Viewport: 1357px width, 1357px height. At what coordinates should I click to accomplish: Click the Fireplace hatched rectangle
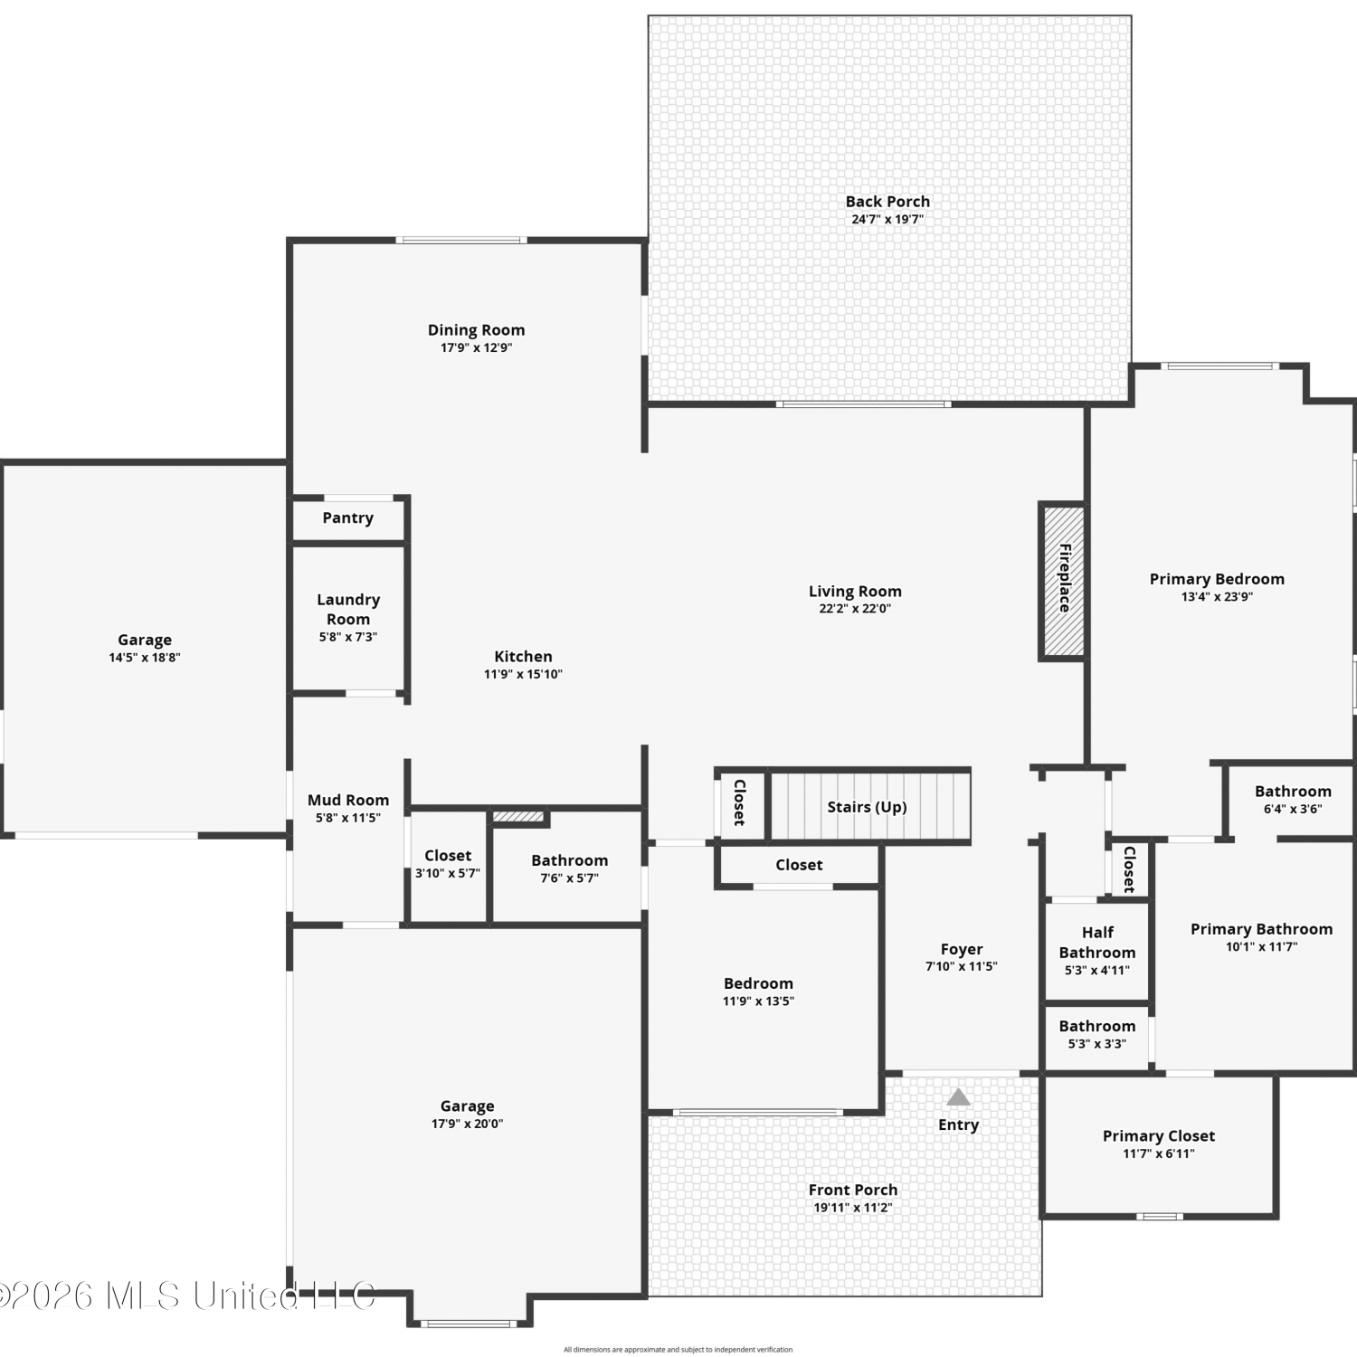[1063, 580]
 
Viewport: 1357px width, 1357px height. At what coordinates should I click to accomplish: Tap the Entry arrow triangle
[958, 1097]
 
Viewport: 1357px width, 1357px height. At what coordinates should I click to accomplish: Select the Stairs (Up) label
[867, 807]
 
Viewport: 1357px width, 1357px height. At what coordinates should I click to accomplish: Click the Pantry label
[347, 517]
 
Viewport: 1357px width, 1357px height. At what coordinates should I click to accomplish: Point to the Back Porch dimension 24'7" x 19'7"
[887, 219]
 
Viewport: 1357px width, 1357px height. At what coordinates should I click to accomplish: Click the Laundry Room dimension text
[348, 637]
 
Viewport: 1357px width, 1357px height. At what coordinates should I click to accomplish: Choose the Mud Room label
[348, 800]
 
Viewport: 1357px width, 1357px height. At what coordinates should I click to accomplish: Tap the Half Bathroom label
[1097, 942]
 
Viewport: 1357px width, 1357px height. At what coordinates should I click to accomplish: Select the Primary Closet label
[1159, 1135]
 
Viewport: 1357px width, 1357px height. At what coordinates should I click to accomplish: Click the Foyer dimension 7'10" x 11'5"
[961, 966]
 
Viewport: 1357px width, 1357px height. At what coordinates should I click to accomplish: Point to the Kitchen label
[523, 656]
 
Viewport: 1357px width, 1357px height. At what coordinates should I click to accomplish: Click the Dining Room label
[476, 330]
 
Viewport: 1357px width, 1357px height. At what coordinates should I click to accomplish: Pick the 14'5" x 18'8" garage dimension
[145, 658]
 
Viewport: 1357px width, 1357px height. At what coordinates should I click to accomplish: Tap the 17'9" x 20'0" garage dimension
[467, 1124]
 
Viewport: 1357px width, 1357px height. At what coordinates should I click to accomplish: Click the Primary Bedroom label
[1217, 579]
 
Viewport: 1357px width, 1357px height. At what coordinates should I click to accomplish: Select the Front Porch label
[853, 1190]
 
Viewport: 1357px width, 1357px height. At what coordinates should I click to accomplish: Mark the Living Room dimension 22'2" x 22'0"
[855, 609]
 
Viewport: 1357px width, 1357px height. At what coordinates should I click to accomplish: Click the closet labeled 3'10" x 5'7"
[448, 864]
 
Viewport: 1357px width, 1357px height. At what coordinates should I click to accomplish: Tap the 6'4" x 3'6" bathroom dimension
[1293, 809]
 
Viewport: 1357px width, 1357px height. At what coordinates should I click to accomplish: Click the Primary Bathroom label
[1261, 929]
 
